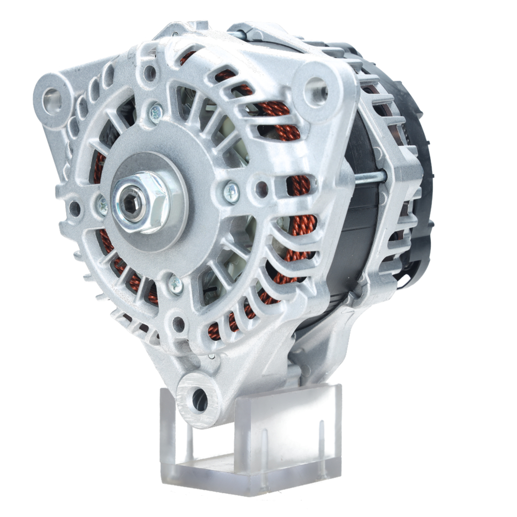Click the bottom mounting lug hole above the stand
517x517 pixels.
click(199, 400)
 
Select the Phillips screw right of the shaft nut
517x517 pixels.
click(231, 193)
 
